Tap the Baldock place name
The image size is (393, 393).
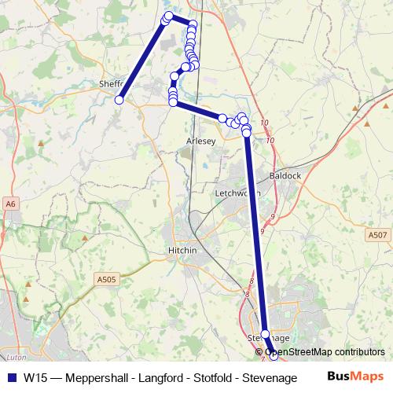tap(285, 175)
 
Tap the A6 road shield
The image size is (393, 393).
tap(10, 204)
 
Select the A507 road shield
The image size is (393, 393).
tap(376, 234)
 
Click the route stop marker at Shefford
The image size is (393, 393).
tap(119, 100)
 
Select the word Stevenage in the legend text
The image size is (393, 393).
tap(272, 376)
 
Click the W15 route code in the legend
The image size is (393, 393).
tap(34, 376)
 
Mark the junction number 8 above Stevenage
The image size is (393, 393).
tap(252, 280)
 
